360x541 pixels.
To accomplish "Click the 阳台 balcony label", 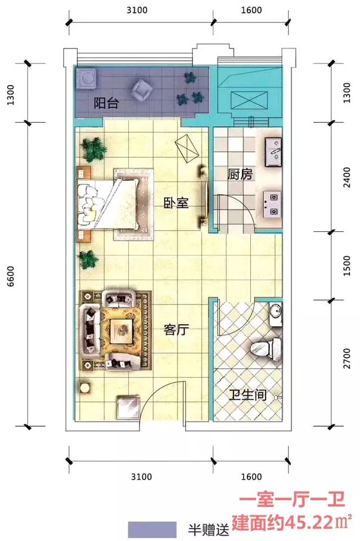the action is tap(106, 103).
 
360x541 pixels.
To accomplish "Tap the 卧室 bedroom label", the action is tap(176, 203).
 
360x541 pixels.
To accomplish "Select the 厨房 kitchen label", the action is tap(240, 175).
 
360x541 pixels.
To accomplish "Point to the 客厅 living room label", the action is tap(176, 330).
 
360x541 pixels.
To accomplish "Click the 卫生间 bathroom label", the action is tap(248, 395).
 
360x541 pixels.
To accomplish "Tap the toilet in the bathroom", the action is tap(266, 348).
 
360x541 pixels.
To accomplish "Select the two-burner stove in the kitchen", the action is tap(273, 204).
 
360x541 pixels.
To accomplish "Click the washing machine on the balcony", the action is tap(86, 78).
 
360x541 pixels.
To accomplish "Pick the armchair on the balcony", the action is tap(141, 90).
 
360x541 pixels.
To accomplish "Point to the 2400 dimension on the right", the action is tap(347, 177).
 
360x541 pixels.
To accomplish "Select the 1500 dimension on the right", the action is tap(347, 265).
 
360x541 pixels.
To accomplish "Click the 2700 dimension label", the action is tap(347, 359).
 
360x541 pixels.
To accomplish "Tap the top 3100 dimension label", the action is tap(137, 10).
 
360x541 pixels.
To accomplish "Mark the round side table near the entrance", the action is tap(85, 387).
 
